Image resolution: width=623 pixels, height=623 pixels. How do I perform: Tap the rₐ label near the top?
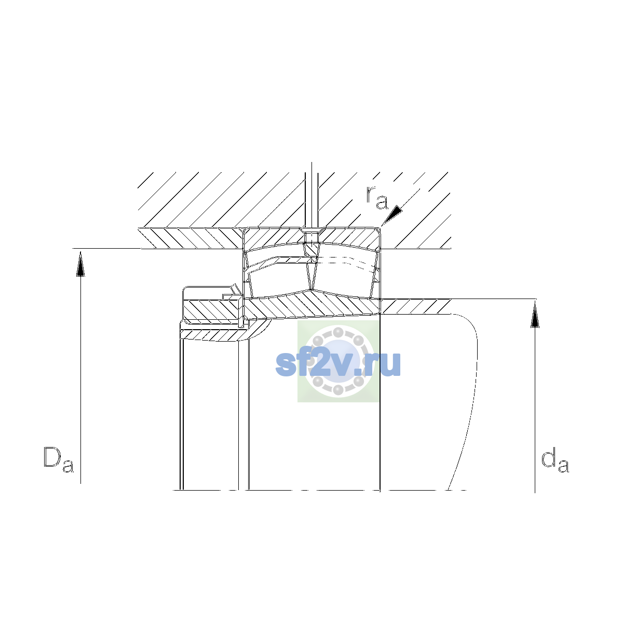377,197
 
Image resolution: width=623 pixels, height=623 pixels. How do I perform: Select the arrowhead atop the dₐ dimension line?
535,315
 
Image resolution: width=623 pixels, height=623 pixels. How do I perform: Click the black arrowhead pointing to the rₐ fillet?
392,215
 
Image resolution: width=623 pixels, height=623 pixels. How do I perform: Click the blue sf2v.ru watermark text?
338,364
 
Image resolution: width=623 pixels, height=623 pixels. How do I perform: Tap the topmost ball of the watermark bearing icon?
338,332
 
